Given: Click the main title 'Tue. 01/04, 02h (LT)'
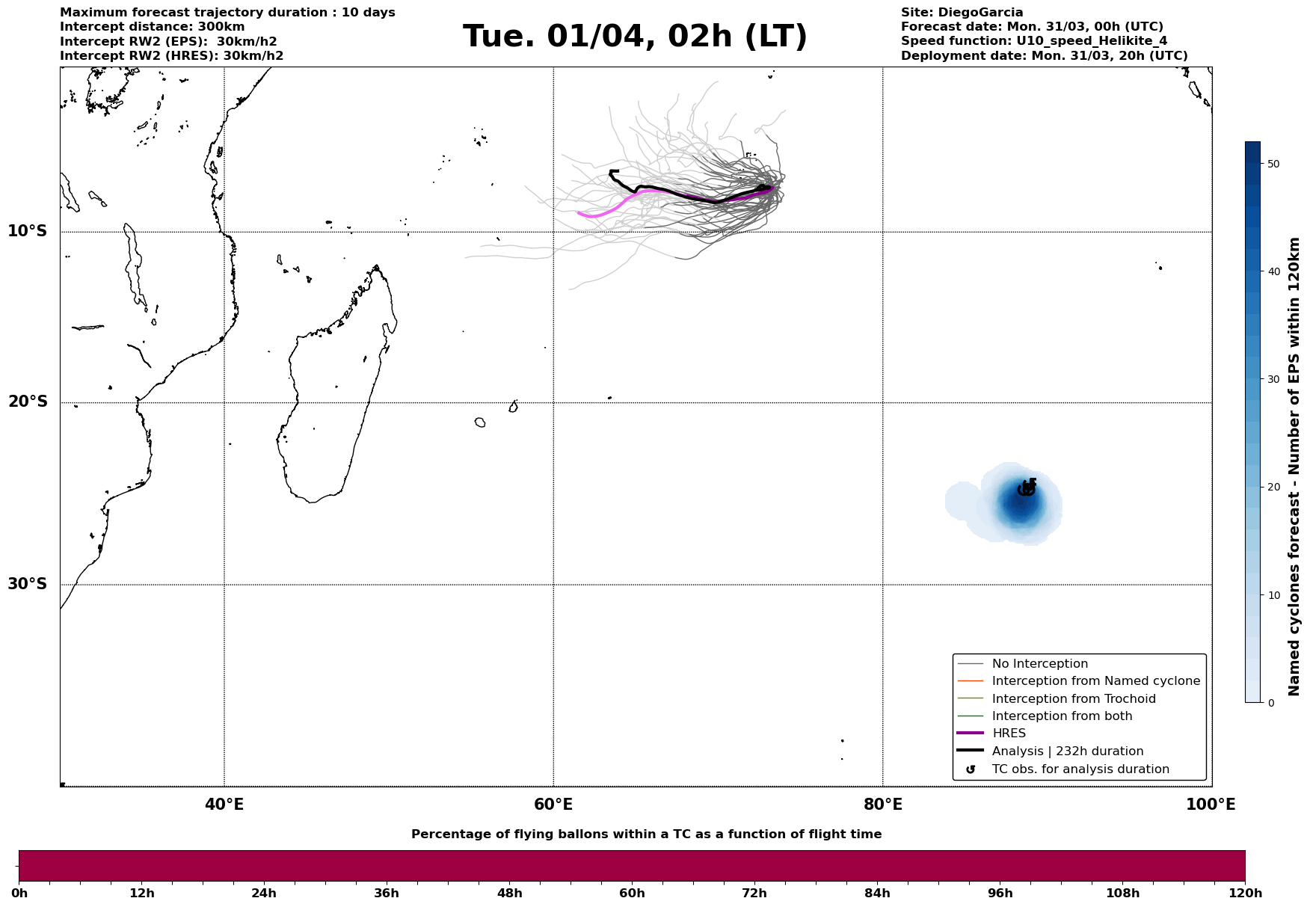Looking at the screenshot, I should coord(635,37).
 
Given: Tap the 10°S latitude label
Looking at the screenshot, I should coord(28,231).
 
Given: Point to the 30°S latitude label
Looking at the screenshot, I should coord(28,584).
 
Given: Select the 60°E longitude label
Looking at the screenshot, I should coord(553,805).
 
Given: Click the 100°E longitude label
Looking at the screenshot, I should coord(1211,805).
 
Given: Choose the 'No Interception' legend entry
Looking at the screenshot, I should coord(1039,664).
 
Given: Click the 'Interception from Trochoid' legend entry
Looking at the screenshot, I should coord(1073,699).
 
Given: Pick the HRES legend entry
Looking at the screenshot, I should coord(1009,734).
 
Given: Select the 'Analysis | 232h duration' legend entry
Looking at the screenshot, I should coord(1067,751).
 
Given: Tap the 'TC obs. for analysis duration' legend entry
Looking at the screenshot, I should coord(1080,769).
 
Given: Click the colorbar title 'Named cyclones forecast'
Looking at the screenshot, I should coord(1295,467).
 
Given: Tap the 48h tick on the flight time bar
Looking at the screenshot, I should coord(509,893).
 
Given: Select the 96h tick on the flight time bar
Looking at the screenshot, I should coord(1000,893).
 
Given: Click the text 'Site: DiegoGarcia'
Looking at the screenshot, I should coord(962,13).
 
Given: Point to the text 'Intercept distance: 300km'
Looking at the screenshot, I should coord(152,27).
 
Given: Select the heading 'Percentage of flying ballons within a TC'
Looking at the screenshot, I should coord(646,834).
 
